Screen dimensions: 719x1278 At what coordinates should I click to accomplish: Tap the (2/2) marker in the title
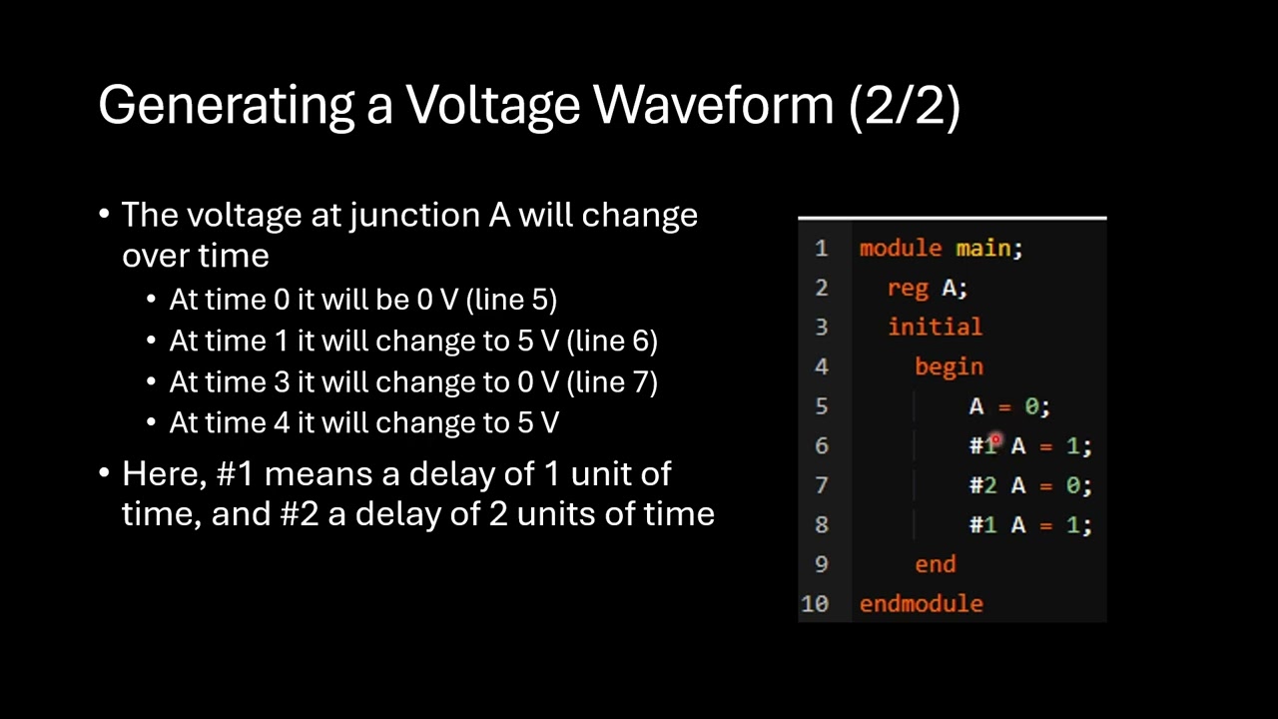click(904, 105)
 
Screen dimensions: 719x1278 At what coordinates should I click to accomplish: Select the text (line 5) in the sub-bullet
click(511, 300)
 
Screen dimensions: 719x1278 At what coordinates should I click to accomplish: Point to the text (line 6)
click(611, 341)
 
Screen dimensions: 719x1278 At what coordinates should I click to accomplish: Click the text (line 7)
click(611, 381)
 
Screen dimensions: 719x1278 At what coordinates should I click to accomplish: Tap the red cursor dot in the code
click(995, 439)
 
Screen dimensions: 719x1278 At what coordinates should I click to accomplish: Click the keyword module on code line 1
click(900, 248)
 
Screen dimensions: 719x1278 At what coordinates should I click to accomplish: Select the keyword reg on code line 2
click(907, 288)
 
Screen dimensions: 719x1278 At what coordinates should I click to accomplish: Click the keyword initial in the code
click(935, 327)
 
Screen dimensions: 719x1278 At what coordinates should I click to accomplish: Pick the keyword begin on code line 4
click(949, 366)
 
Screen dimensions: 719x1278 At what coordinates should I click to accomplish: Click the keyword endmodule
click(921, 603)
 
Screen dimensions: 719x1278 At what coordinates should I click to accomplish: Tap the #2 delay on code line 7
click(982, 485)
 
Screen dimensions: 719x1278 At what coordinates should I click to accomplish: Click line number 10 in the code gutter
click(814, 603)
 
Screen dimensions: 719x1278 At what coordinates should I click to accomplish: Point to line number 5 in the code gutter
click(821, 406)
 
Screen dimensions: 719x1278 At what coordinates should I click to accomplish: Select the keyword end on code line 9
click(935, 564)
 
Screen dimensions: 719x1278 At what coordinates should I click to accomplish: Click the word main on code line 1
click(985, 248)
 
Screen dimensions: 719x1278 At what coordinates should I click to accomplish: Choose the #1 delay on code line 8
click(982, 524)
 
